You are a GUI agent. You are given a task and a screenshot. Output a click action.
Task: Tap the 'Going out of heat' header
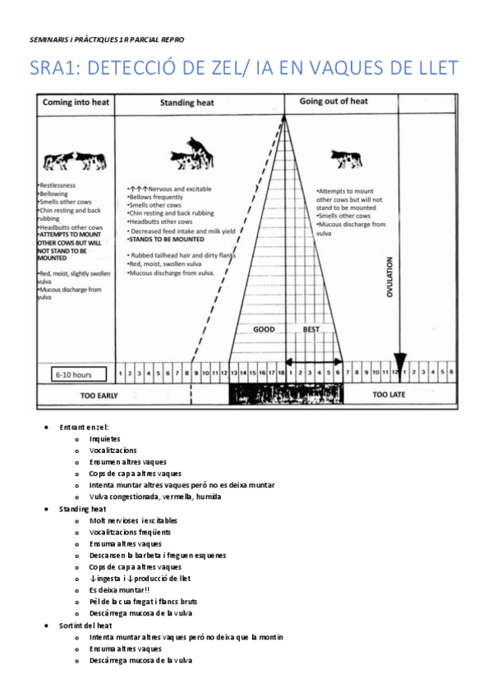[x=333, y=101]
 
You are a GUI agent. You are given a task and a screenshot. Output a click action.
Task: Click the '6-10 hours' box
[x=74, y=374]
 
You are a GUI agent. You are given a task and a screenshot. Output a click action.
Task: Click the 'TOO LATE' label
[x=390, y=395]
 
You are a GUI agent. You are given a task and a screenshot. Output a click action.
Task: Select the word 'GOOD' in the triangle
[x=264, y=329]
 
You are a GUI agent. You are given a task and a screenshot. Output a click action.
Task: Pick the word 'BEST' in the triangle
[x=311, y=329]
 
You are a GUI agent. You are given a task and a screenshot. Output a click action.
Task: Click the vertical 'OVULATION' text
[x=390, y=277]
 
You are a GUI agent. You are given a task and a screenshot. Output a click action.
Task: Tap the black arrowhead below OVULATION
[x=400, y=362]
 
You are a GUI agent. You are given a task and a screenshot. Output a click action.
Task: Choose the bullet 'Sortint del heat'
[x=85, y=625]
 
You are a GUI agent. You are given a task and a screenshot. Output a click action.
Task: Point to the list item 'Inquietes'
[x=105, y=438]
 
